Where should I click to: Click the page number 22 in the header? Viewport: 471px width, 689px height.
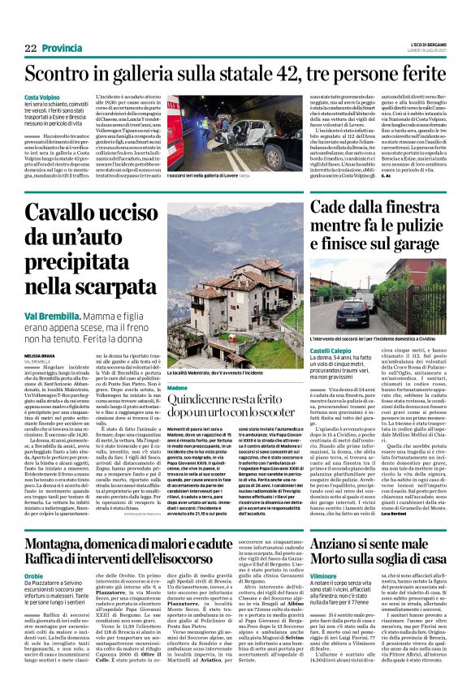[x=30, y=49]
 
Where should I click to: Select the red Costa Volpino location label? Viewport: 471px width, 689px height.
[x=42, y=98]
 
